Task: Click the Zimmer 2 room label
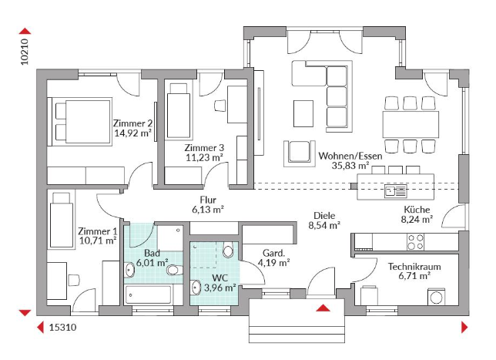(132, 123)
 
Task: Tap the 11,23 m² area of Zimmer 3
(204, 157)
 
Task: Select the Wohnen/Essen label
(350, 156)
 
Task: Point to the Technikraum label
(414, 267)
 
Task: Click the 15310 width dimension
(62, 327)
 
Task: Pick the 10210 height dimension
(25, 52)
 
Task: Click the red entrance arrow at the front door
(323, 308)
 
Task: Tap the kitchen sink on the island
(395, 191)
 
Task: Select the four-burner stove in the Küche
(416, 242)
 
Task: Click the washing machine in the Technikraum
(436, 297)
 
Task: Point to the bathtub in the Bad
(149, 294)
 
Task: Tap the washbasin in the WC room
(196, 288)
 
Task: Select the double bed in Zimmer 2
(80, 122)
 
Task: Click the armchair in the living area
(300, 153)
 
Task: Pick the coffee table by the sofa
(303, 113)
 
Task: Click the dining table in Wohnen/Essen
(411, 124)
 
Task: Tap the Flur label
(208, 200)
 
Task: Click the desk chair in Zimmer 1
(73, 280)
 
